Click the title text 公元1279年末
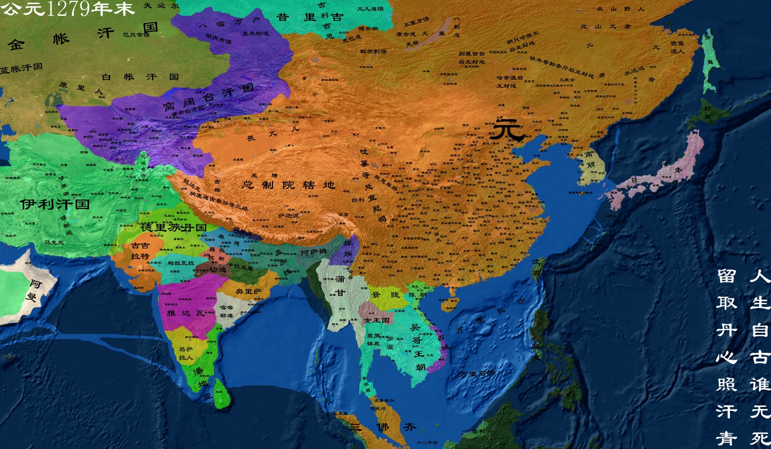68,8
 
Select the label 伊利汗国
55,204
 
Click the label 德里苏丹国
174,228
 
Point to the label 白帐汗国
140,77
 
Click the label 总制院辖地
288,185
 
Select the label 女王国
376,320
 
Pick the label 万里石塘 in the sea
477,374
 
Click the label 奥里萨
248,291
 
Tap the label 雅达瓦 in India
186,313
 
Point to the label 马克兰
54,243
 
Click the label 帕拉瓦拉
181,263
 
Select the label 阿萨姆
313,252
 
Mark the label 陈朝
417,295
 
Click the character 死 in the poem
760,438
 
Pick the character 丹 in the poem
726,330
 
